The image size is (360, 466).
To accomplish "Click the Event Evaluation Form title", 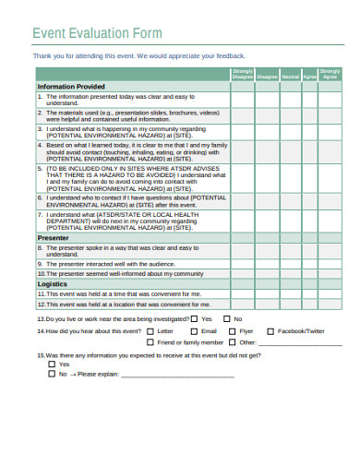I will coord(97,34).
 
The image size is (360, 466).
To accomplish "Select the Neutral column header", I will coord(290,76).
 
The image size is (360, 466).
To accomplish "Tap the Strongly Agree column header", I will coord(329,73).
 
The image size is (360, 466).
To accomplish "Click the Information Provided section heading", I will coord(71,87).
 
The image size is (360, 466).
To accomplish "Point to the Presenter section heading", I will coord(54,237).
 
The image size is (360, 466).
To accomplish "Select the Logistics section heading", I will coord(52,284).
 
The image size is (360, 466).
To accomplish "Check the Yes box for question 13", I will coord(193,317).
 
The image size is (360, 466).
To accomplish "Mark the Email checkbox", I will coord(193,330).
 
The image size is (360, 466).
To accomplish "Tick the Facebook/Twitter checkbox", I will coord(270,330).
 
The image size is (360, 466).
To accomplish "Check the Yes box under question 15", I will coord(51,364).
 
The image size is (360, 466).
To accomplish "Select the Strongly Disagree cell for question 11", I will coord(242,294).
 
